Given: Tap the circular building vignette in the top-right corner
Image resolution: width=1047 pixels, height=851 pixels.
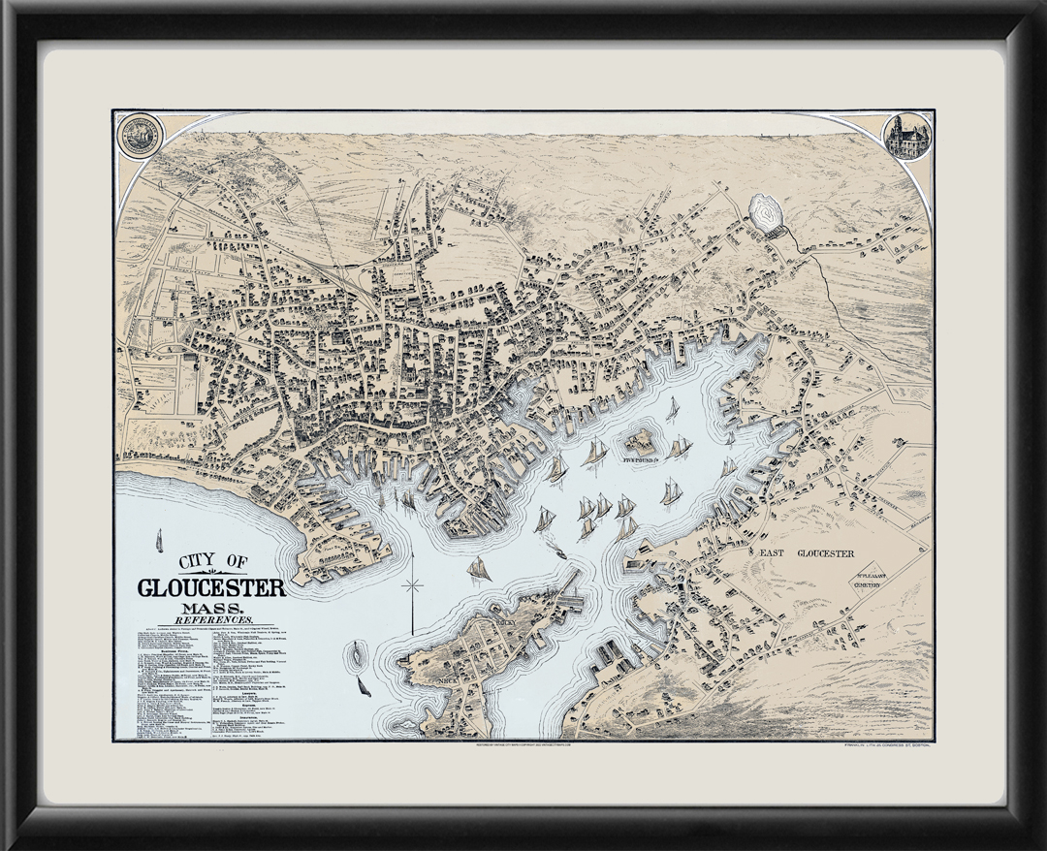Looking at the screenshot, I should point(907,136).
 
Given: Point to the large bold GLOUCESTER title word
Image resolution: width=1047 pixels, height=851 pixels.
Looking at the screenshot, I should point(211,588).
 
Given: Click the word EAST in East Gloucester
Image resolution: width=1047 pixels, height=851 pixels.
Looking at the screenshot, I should point(771,553).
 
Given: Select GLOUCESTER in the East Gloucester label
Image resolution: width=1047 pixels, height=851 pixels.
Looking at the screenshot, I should point(825,553).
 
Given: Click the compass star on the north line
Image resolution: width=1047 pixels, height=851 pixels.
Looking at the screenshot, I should point(414,586).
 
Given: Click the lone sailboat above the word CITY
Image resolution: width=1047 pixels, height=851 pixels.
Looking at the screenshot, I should point(159,541).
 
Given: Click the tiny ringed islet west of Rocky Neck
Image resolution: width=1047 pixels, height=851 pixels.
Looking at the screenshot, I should point(360,656).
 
